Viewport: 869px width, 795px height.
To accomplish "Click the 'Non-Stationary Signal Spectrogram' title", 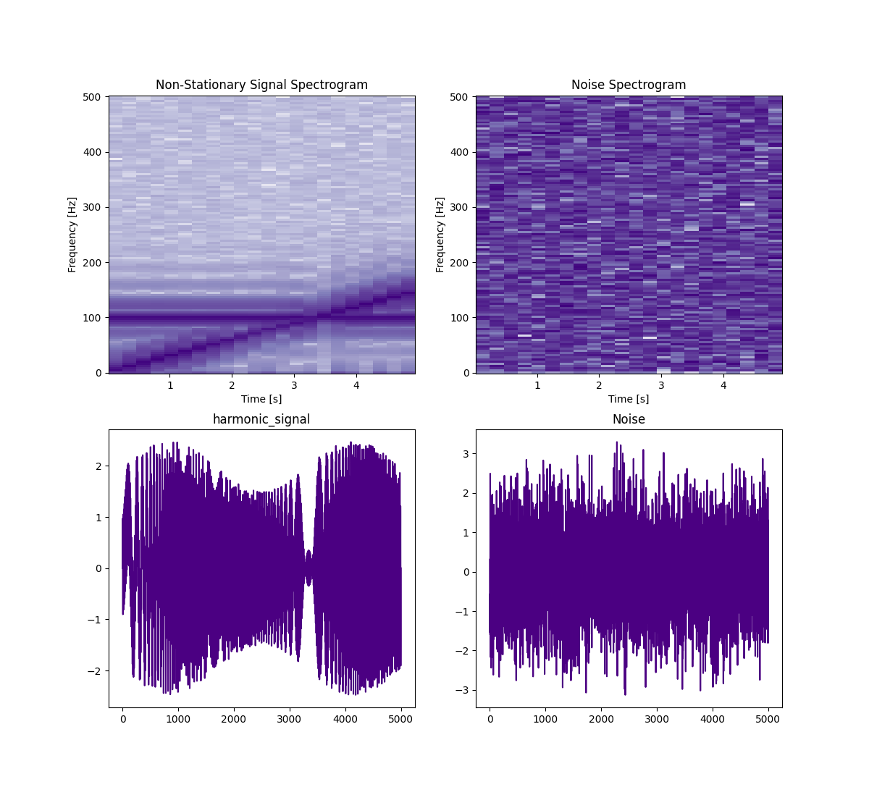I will (261, 85).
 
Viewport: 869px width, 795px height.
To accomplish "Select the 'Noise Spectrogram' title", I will (629, 85).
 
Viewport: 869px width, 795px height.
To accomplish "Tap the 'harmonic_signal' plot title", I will (261, 419).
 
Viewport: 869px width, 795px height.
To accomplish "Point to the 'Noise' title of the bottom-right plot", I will (629, 419).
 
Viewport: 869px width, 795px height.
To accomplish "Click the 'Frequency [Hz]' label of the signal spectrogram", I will (72, 235).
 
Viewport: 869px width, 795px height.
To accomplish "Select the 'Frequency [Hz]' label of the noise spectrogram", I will (440, 235).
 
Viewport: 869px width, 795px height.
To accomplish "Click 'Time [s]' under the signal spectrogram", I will (261, 399).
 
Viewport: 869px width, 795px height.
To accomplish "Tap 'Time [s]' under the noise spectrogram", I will (629, 399).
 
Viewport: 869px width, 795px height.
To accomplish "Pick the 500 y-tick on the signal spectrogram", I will (96, 97).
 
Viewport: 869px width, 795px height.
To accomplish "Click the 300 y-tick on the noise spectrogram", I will (463, 208).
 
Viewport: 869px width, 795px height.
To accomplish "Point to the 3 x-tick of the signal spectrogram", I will (294, 385).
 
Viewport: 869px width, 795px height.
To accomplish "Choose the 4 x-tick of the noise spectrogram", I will (723, 385).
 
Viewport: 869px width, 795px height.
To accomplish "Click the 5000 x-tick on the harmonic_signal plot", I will (400, 719).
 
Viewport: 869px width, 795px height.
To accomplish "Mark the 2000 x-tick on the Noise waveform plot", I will (601, 719).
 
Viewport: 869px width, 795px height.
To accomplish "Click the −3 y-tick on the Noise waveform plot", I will (464, 690).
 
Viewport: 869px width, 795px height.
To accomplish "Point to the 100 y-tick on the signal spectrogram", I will (96, 318).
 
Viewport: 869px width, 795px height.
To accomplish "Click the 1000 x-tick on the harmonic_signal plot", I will (178, 719).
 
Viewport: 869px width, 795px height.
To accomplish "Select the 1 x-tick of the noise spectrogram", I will (537, 385).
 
